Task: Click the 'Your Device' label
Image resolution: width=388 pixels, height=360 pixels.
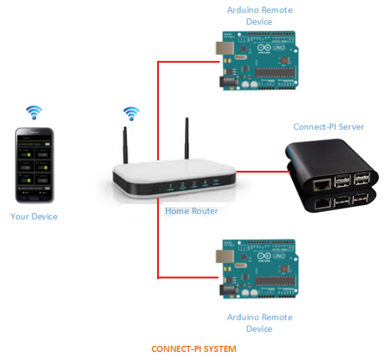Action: click(34, 216)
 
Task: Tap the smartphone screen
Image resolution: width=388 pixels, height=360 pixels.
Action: click(34, 165)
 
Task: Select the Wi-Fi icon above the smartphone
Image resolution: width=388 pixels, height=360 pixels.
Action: click(34, 112)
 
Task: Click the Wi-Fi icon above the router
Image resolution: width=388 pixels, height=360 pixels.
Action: click(131, 113)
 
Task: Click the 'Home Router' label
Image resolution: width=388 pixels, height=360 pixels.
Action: click(192, 211)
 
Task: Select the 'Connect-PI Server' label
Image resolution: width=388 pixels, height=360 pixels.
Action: click(328, 127)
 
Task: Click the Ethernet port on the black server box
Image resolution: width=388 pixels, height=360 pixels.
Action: click(321, 183)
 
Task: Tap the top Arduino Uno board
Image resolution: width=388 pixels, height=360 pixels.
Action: click(258, 60)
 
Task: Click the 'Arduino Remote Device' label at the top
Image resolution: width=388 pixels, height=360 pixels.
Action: click(259, 16)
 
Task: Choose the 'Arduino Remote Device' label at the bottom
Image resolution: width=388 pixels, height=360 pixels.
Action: click(259, 322)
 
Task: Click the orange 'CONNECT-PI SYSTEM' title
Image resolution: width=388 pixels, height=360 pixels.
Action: click(193, 349)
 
